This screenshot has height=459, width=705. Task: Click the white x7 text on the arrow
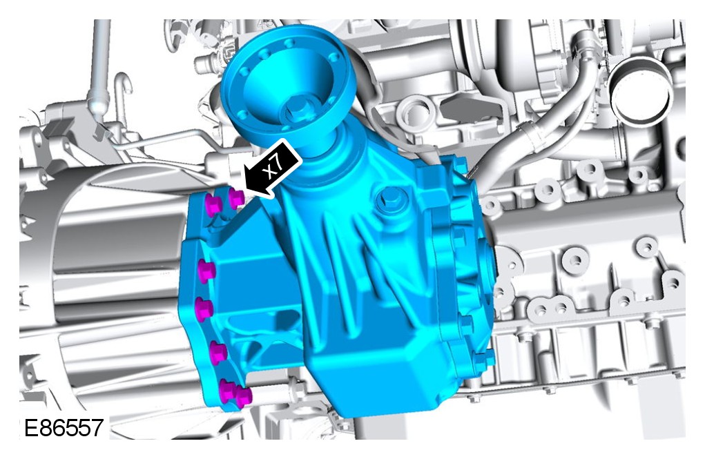274,167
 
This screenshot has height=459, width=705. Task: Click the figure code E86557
64,427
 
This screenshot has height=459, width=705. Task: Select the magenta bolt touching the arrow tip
236,198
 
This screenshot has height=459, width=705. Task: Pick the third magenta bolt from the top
206,271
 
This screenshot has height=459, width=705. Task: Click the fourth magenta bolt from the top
204,308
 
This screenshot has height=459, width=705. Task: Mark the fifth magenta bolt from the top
218,351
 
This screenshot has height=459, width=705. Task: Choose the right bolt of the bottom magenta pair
243,397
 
